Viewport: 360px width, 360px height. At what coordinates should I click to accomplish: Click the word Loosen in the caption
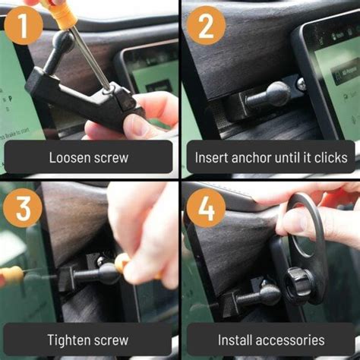point(72,159)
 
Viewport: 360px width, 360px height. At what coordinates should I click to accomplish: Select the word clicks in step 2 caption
point(329,159)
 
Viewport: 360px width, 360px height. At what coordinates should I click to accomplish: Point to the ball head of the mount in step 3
point(107,273)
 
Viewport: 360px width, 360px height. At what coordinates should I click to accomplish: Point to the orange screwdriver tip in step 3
point(122,264)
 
